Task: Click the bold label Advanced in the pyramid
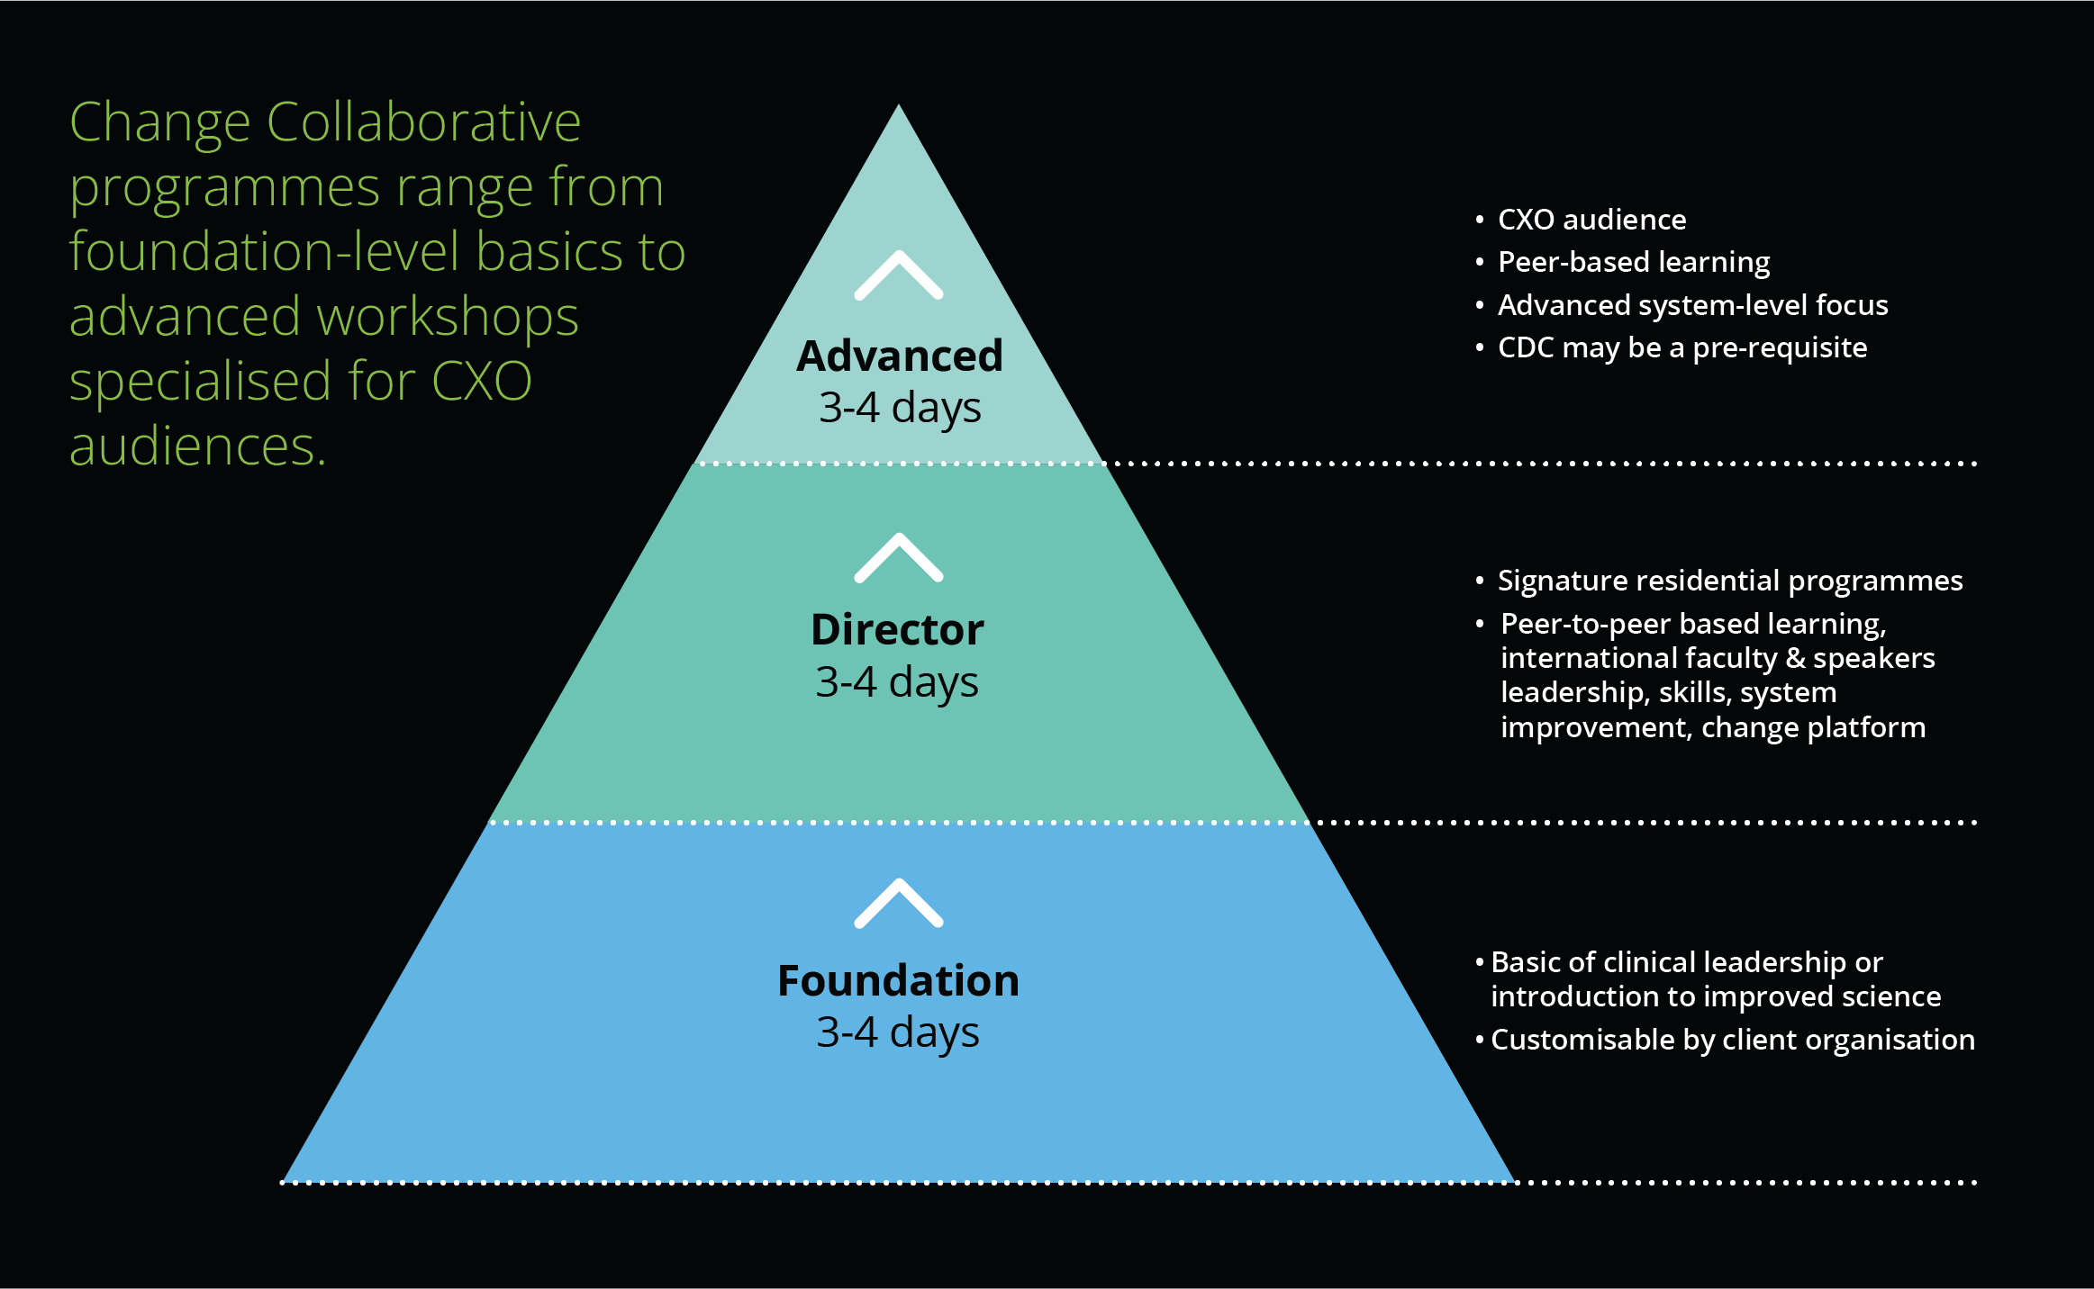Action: (x=899, y=356)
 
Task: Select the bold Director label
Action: (x=897, y=630)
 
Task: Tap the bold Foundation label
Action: (x=898, y=981)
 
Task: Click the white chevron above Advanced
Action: (x=899, y=275)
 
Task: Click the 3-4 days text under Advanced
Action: (x=899, y=408)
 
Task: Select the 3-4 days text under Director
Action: (x=897, y=682)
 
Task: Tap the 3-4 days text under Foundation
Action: (x=898, y=1032)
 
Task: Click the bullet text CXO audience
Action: (x=1591, y=220)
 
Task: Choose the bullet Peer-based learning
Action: (x=1633, y=262)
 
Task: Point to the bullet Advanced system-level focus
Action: (x=1692, y=305)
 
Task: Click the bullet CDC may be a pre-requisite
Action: (x=1682, y=347)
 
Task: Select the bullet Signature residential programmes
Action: (x=1729, y=581)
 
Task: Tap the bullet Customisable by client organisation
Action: (x=1732, y=1040)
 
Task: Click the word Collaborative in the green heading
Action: (x=423, y=122)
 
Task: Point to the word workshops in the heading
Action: (x=448, y=317)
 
